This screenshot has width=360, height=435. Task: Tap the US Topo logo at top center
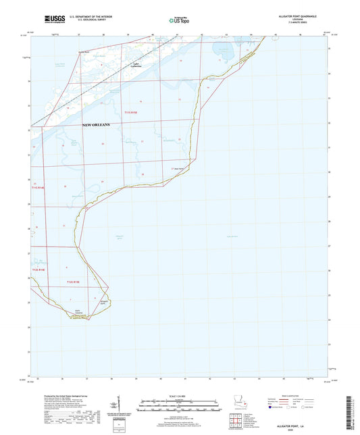click(x=178, y=21)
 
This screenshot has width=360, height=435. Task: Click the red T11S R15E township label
click(x=130, y=113)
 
